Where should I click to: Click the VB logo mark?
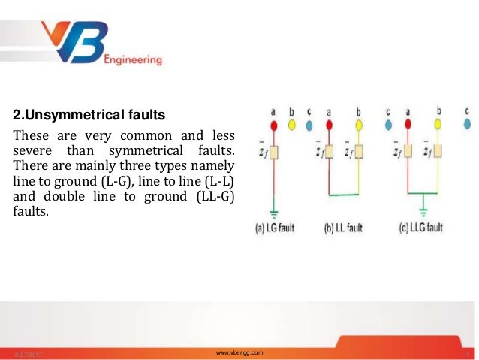[76, 44]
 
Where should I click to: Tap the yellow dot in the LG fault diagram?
[291, 123]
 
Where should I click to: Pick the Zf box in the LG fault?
[274, 152]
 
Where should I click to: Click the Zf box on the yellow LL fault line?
[359, 152]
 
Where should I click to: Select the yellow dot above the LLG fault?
[439, 123]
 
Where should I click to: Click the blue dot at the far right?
[466, 123]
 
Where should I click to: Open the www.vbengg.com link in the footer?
[239, 352]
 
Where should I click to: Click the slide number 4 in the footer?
[468, 352]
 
